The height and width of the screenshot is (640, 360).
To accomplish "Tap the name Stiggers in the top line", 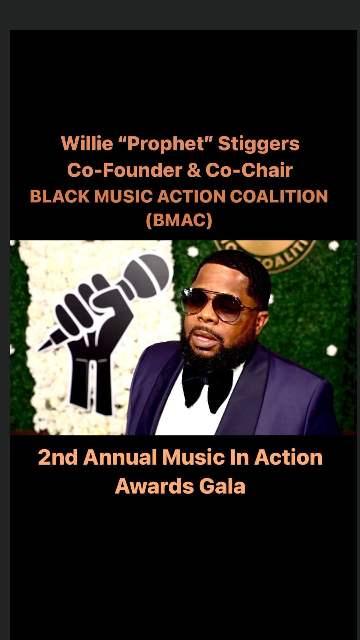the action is (259, 144).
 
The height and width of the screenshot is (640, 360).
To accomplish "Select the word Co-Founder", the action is (125, 170).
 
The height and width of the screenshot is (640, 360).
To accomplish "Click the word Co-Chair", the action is (249, 170).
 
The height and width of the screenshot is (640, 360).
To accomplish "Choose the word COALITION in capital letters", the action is (279, 196).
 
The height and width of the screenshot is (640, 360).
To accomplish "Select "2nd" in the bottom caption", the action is (58, 457).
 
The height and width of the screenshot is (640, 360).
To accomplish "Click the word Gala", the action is (222, 486).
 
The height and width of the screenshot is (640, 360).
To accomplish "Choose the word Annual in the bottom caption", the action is (120, 457).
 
